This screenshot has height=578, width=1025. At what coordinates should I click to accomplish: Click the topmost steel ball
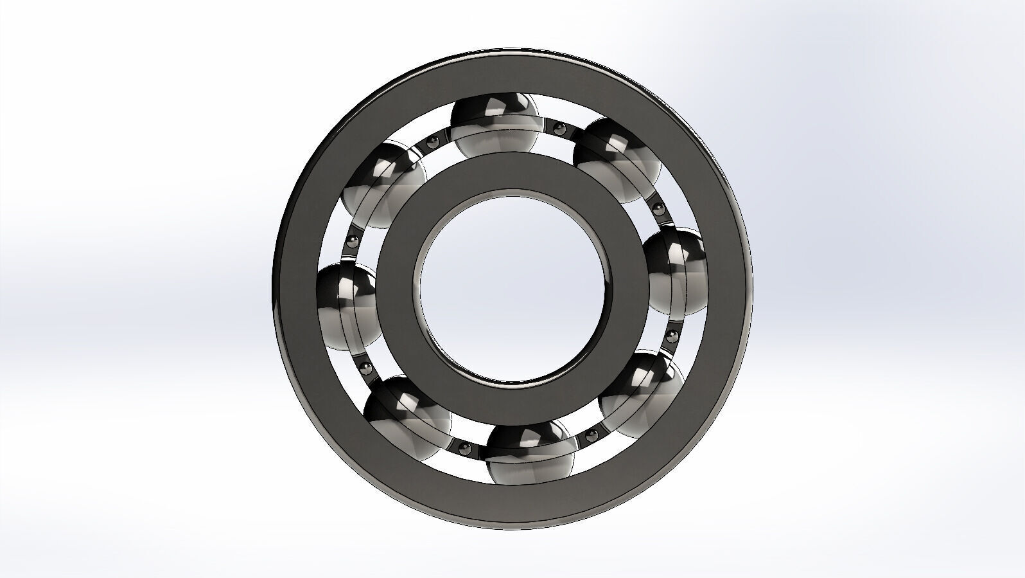point(494,125)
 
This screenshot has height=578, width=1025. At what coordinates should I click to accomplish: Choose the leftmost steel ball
point(347,306)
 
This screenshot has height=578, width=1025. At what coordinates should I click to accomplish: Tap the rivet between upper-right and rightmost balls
point(658,208)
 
